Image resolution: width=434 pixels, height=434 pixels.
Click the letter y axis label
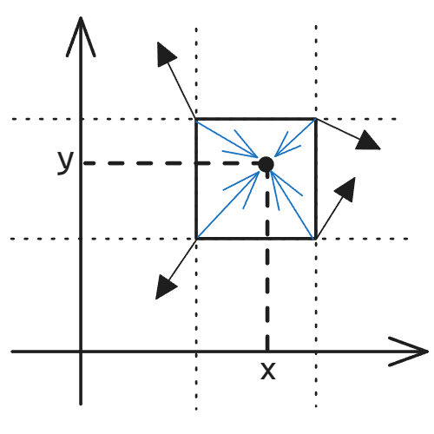pyautogui.click(x=66, y=162)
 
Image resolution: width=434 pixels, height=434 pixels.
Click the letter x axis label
pyautogui.click(x=268, y=371)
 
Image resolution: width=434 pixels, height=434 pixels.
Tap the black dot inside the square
pyautogui.click(x=266, y=164)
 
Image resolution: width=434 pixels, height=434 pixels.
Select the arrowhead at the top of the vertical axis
pyautogui.click(x=81, y=36)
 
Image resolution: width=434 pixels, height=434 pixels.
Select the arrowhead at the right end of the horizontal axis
pyautogui.click(x=409, y=352)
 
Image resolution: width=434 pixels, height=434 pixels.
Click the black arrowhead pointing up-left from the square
pyautogui.click(x=165, y=54)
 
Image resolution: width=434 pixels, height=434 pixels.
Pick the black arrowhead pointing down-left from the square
pyautogui.click(x=164, y=287)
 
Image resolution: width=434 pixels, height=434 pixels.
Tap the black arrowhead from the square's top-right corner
pyautogui.click(x=368, y=141)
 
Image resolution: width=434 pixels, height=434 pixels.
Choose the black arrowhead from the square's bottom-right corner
pyautogui.click(x=346, y=189)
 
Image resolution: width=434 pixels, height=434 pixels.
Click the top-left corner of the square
pyautogui.click(x=196, y=119)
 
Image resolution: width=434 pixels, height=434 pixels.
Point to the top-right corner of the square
pyautogui.click(x=316, y=119)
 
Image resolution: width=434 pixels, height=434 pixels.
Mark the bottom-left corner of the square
pyautogui.click(x=196, y=239)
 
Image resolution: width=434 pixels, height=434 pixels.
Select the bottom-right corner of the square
pyautogui.click(x=316, y=239)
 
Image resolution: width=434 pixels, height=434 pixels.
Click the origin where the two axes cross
pyautogui.click(x=81, y=352)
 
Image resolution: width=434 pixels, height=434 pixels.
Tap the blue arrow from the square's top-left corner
pyautogui.click(x=227, y=140)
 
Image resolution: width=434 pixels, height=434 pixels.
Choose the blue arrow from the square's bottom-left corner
pyautogui.click(x=228, y=205)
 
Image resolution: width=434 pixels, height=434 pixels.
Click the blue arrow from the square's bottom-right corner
pyautogui.click(x=293, y=205)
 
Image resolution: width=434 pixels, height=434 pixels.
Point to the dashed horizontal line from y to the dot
pyautogui.click(x=171, y=163)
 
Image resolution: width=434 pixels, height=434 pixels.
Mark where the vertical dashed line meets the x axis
pyautogui.click(x=267, y=352)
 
